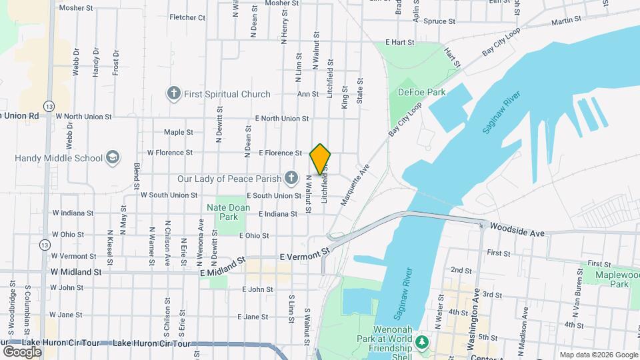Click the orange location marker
click(x=321, y=159)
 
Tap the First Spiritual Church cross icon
click(x=173, y=94)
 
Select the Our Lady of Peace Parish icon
click(x=291, y=178)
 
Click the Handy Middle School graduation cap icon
click(x=113, y=158)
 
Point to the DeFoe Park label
click(x=421, y=92)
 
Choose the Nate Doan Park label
click(x=229, y=212)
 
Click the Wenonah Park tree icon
click(x=421, y=343)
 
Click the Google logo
click(x=22, y=351)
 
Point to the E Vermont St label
click(x=305, y=255)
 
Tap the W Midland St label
click(x=76, y=272)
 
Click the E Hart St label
click(x=399, y=42)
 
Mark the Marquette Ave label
click(x=354, y=185)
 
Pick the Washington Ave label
click(x=477, y=320)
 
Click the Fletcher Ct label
click(x=187, y=18)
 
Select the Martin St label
click(x=567, y=21)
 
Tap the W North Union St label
click(x=84, y=116)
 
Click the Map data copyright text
click(x=598, y=355)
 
